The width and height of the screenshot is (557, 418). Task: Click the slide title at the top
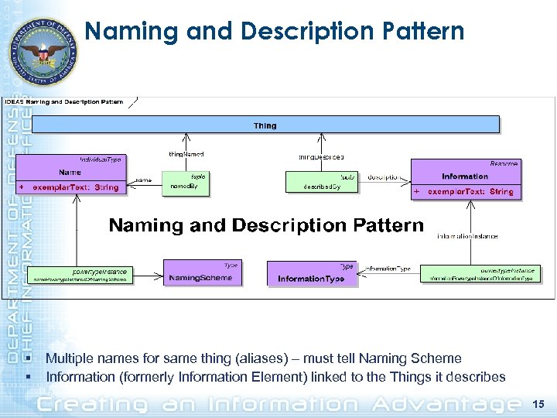point(275,32)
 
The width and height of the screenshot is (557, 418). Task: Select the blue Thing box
point(265,125)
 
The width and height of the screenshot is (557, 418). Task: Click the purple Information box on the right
point(466,177)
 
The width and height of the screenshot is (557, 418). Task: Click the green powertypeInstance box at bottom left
point(80,275)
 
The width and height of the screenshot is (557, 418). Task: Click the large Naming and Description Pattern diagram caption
point(266,225)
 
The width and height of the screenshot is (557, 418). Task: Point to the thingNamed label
point(186,155)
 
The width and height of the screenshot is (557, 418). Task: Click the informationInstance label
point(467,236)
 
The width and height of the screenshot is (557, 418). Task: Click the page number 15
point(539,404)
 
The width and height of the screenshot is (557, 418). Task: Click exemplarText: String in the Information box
point(470,191)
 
